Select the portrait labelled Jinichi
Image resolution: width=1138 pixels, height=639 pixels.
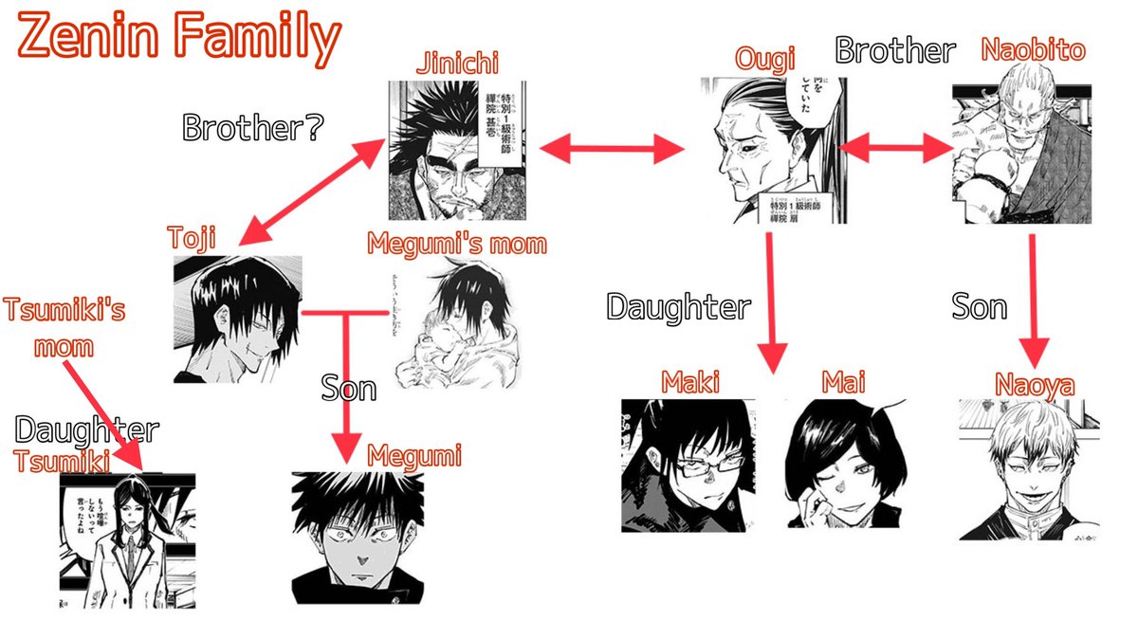(457, 150)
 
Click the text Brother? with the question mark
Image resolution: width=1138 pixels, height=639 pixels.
(250, 127)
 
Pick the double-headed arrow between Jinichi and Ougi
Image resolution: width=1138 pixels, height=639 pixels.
(612, 148)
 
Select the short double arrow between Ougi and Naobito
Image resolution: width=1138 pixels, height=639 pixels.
(896, 148)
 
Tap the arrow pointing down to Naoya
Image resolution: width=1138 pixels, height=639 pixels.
(1032, 299)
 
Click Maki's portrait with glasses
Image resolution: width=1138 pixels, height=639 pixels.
(688, 465)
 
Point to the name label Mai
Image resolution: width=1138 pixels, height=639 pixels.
(844, 383)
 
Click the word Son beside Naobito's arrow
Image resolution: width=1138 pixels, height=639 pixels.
(979, 306)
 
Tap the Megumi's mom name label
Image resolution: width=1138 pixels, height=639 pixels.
(457, 244)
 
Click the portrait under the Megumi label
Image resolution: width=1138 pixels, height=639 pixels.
(358, 537)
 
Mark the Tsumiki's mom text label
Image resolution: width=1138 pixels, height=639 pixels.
(64, 327)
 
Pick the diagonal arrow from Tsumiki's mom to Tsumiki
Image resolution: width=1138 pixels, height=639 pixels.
(106, 412)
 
